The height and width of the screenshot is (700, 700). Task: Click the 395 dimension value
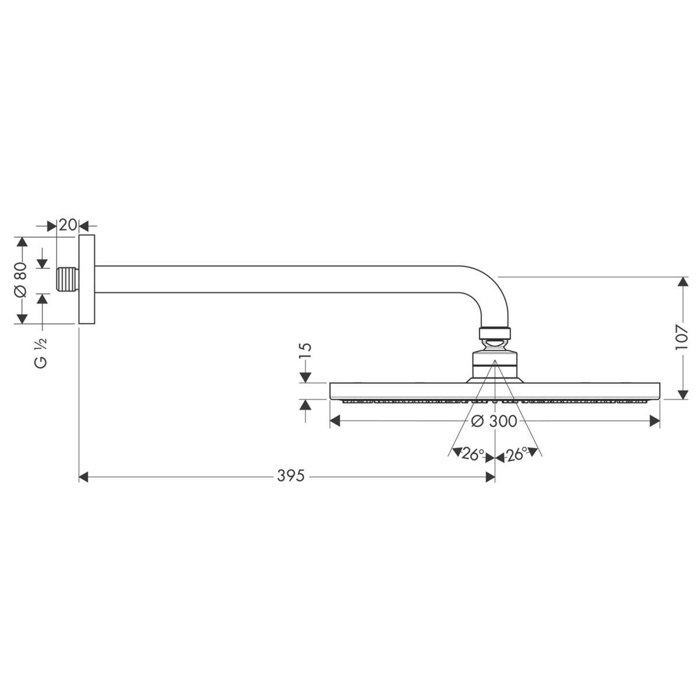(x=290, y=477)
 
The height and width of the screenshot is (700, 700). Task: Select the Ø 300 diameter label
(x=494, y=421)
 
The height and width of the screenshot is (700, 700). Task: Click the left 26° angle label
(x=470, y=454)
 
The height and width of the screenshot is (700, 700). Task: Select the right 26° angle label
(x=517, y=454)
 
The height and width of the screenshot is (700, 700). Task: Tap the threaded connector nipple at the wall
(x=68, y=279)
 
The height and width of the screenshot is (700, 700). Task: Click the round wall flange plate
(x=86, y=279)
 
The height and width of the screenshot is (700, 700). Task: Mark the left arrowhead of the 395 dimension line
(x=83, y=477)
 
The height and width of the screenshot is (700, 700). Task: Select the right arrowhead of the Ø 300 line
(x=655, y=421)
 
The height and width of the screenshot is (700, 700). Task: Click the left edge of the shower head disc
(x=331, y=391)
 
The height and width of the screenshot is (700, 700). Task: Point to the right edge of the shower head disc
(x=659, y=391)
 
